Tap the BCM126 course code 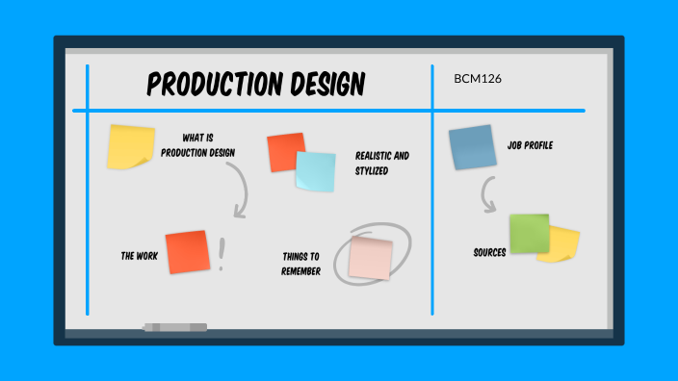(478, 78)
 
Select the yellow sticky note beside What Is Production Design (130, 146)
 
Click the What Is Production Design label (197, 144)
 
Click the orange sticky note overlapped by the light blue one (284, 151)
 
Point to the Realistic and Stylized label (381, 163)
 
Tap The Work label (139, 257)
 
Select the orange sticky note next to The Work (187, 252)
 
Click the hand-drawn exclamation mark (222, 254)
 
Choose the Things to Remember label (301, 264)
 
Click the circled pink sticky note (371, 257)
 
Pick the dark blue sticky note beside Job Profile (472, 147)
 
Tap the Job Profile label (530, 146)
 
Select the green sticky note (529, 234)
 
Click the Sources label (489, 253)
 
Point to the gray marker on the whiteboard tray (174, 328)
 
